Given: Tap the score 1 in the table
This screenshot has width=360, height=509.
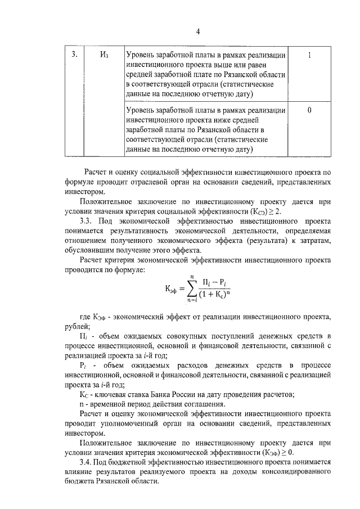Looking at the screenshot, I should tap(310, 55).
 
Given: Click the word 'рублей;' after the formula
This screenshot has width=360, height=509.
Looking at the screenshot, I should tap(78, 327).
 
